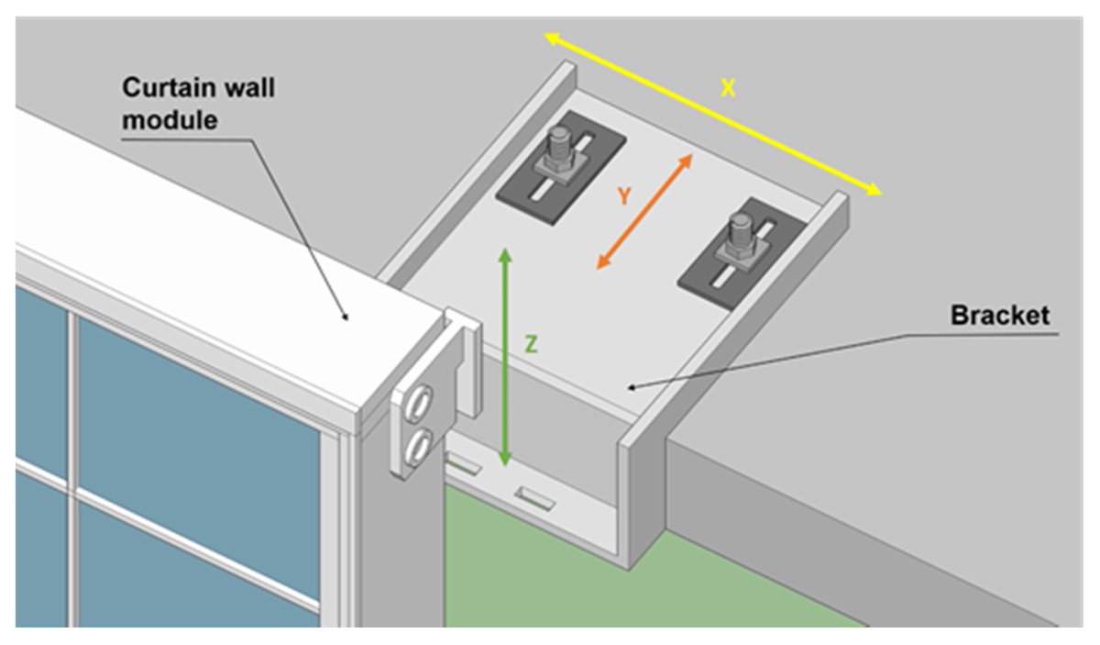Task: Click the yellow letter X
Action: (x=727, y=88)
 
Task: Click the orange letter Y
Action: (x=624, y=195)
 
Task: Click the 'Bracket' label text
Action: (x=999, y=316)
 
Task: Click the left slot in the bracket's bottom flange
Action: (x=462, y=466)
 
